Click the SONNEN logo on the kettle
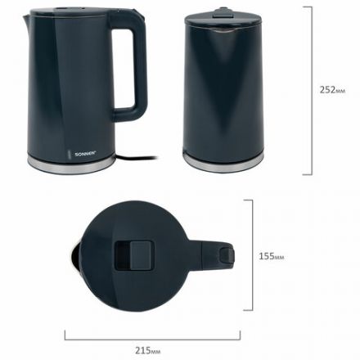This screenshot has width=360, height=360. click(85, 154)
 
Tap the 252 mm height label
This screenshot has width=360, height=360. click(332, 90)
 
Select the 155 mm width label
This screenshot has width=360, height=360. click(272, 256)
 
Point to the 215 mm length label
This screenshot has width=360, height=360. click(147, 350)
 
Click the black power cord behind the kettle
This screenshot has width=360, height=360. click(137, 158)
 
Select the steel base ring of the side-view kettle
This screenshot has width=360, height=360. click(71, 165)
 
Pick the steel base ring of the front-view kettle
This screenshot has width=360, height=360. click(223, 162)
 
